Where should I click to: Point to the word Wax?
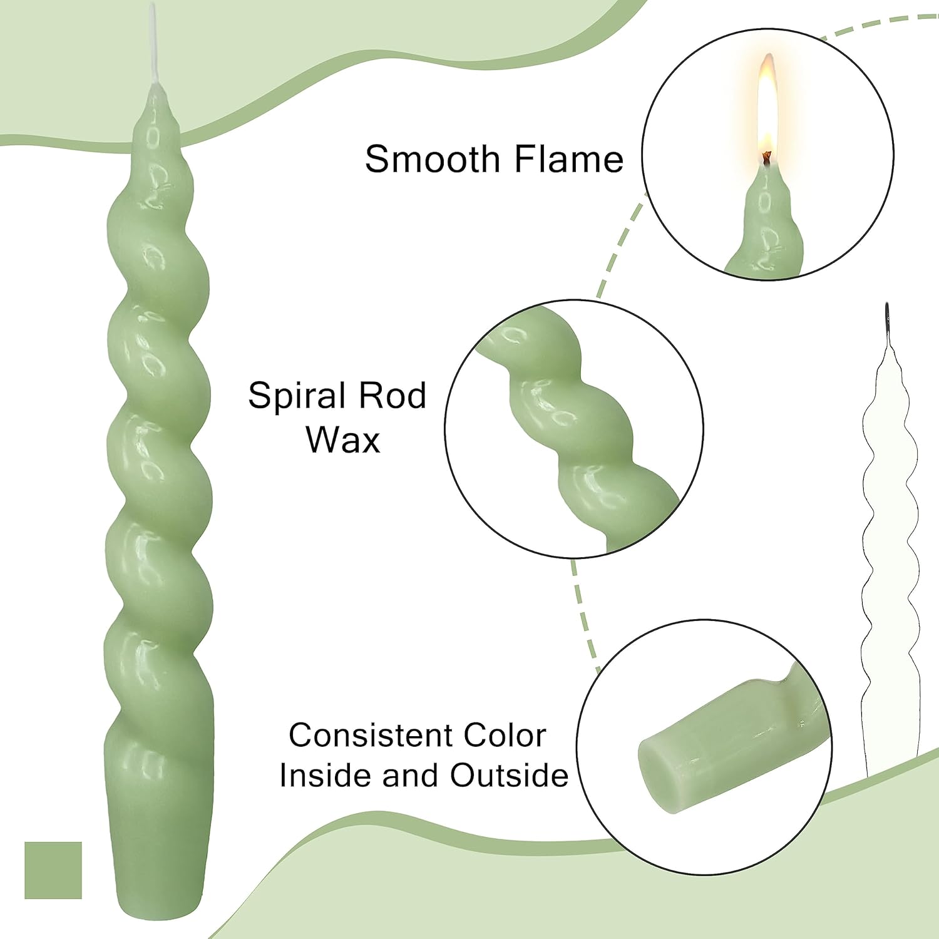343,439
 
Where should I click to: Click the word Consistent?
371,736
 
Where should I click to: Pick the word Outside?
509,776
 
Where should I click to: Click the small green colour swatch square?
53,870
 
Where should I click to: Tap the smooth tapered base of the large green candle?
160,839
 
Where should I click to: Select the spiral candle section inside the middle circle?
576,426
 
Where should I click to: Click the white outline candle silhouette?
890,551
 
